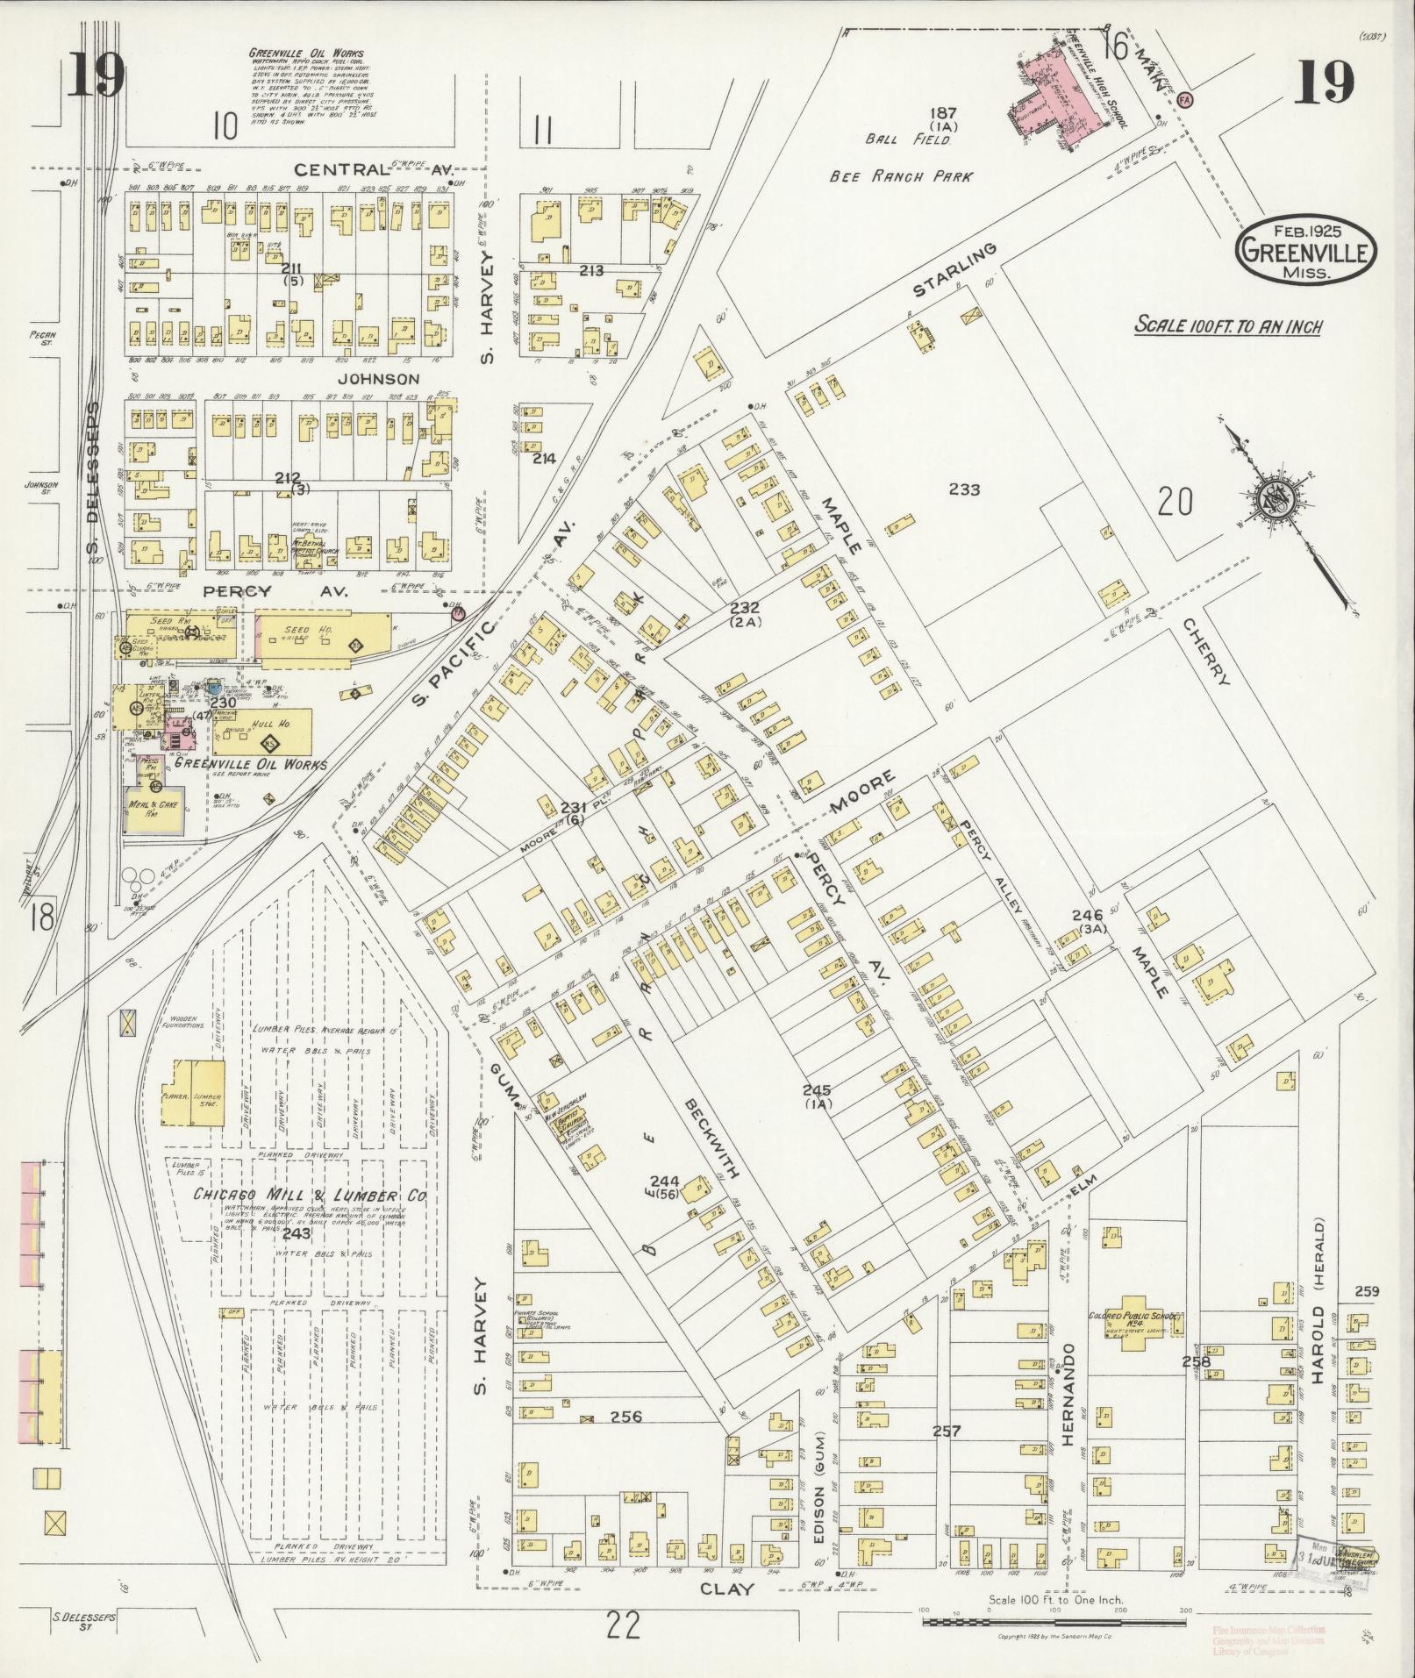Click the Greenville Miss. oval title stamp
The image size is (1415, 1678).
tap(1306, 251)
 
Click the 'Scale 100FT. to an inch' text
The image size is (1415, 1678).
tap(1229, 325)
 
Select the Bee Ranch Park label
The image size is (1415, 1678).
tap(902, 176)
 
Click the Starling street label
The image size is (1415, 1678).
tap(956, 271)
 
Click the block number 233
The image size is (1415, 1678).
tap(964, 490)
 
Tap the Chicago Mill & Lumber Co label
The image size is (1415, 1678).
tap(310, 1196)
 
